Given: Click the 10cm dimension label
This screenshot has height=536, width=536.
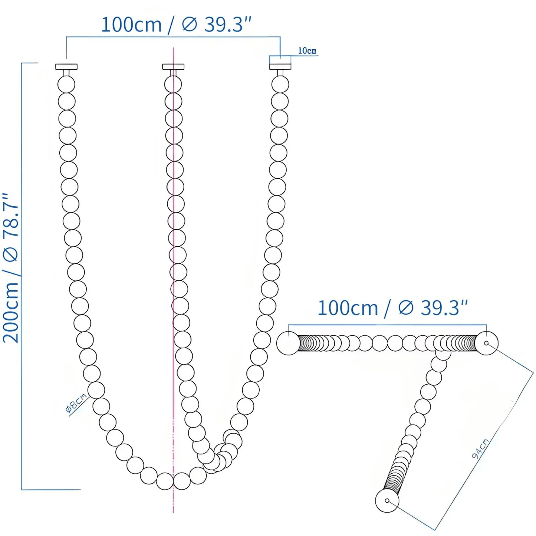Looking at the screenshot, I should tap(307, 51).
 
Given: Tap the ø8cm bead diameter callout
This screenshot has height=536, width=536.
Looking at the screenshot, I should tap(76, 403).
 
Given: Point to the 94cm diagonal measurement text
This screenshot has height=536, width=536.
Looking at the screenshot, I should tap(480, 448).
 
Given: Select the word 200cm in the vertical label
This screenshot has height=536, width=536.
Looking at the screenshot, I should tap(11, 312).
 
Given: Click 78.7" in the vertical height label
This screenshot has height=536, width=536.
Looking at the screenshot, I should tap(11, 215).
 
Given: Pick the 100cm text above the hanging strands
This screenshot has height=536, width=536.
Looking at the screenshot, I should tap(131, 25).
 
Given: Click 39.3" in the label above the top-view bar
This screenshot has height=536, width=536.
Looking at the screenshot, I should tap(444, 308).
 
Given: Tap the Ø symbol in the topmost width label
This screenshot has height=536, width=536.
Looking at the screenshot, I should tap(189, 25).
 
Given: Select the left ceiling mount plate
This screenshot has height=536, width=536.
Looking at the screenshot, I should tap(66, 67).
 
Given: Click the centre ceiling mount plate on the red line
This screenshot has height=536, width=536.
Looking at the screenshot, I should tap(173, 67).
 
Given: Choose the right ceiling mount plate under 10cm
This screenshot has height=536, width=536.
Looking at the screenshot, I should tap(280, 67).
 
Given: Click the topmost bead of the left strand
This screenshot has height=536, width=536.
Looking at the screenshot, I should tap(66, 84).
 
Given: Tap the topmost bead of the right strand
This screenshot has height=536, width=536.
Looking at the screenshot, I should tap(280, 84).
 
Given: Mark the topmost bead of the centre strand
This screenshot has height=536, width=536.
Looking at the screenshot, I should tap(173, 84).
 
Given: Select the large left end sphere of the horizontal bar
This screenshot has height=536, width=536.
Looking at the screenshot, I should tap(288, 343).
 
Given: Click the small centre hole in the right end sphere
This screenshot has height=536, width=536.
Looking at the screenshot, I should tap(486, 343).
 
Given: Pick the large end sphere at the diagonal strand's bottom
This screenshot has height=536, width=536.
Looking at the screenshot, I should tap(387, 501).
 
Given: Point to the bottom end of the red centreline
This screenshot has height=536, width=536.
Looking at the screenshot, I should tap(173, 512).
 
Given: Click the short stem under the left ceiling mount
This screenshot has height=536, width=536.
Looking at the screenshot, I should tap(66, 73).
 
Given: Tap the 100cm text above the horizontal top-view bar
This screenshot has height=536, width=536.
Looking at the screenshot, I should tap(348, 308).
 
